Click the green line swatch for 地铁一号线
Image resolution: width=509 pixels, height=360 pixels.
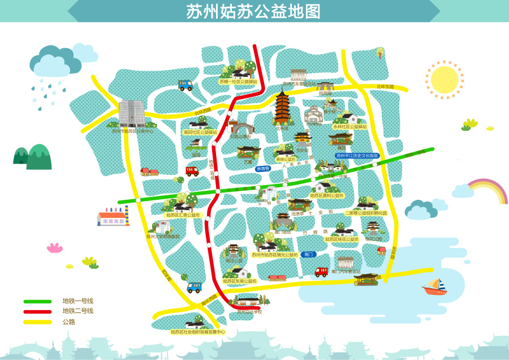[37, 301]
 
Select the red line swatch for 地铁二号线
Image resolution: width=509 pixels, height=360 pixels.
[37, 311]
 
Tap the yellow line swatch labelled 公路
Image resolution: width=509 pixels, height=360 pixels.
[37, 322]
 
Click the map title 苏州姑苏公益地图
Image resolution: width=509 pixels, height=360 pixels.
[254, 11]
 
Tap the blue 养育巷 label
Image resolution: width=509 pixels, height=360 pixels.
[263, 169]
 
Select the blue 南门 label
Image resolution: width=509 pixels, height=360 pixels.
[308, 255]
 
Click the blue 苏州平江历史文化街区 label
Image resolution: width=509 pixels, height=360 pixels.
[357, 155]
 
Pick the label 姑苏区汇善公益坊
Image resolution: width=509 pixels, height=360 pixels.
[182, 215]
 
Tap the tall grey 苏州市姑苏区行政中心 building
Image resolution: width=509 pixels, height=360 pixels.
[132, 113]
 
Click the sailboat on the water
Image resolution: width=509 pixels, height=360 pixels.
[434, 286]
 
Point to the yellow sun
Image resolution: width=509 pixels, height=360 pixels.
[444, 80]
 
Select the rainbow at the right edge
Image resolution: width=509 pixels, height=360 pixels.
[488, 190]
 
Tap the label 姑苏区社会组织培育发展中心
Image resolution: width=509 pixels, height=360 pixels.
[198, 332]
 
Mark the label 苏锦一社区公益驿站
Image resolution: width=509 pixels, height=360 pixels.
[238, 82]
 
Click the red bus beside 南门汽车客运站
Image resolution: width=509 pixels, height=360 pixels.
[321, 272]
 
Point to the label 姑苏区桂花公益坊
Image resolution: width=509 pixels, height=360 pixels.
[342, 239]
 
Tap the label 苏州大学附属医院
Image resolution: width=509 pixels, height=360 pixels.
[163, 237]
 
